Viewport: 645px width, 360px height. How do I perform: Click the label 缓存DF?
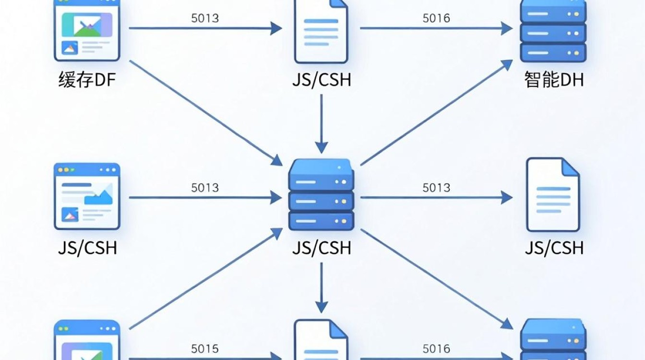coord(87,80)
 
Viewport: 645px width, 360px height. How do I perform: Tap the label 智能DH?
coord(554,80)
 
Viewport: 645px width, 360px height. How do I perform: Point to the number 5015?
coord(205,349)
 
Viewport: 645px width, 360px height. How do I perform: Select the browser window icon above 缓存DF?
coord(87,30)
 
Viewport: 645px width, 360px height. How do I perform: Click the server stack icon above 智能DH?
coord(553,31)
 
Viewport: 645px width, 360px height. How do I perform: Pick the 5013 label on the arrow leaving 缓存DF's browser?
coord(205,18)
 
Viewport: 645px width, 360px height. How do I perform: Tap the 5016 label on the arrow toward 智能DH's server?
coord(436,18)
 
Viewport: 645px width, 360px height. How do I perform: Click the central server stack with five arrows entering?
coord(322,195)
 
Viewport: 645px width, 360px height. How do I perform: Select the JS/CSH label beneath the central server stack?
coord(322,248)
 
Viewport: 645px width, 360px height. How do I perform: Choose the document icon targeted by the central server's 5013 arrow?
coord(553,195)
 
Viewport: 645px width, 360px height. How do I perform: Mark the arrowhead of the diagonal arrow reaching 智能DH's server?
coord(507,64)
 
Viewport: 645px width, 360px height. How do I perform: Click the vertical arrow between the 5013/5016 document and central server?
coord(322,124)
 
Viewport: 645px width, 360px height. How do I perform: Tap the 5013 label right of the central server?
coord(436,188)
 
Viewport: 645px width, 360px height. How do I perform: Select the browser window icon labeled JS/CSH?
coord(87,196)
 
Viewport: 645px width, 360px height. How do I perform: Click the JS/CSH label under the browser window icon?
coord(87,248)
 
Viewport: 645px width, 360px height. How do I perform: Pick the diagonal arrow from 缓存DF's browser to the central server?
coord(206,113)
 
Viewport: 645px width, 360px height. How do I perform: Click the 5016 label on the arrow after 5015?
coord(436,349)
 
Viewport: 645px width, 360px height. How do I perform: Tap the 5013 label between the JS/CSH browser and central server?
coord(205,188)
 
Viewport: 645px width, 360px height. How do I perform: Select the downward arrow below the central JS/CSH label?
coord(322,288)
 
